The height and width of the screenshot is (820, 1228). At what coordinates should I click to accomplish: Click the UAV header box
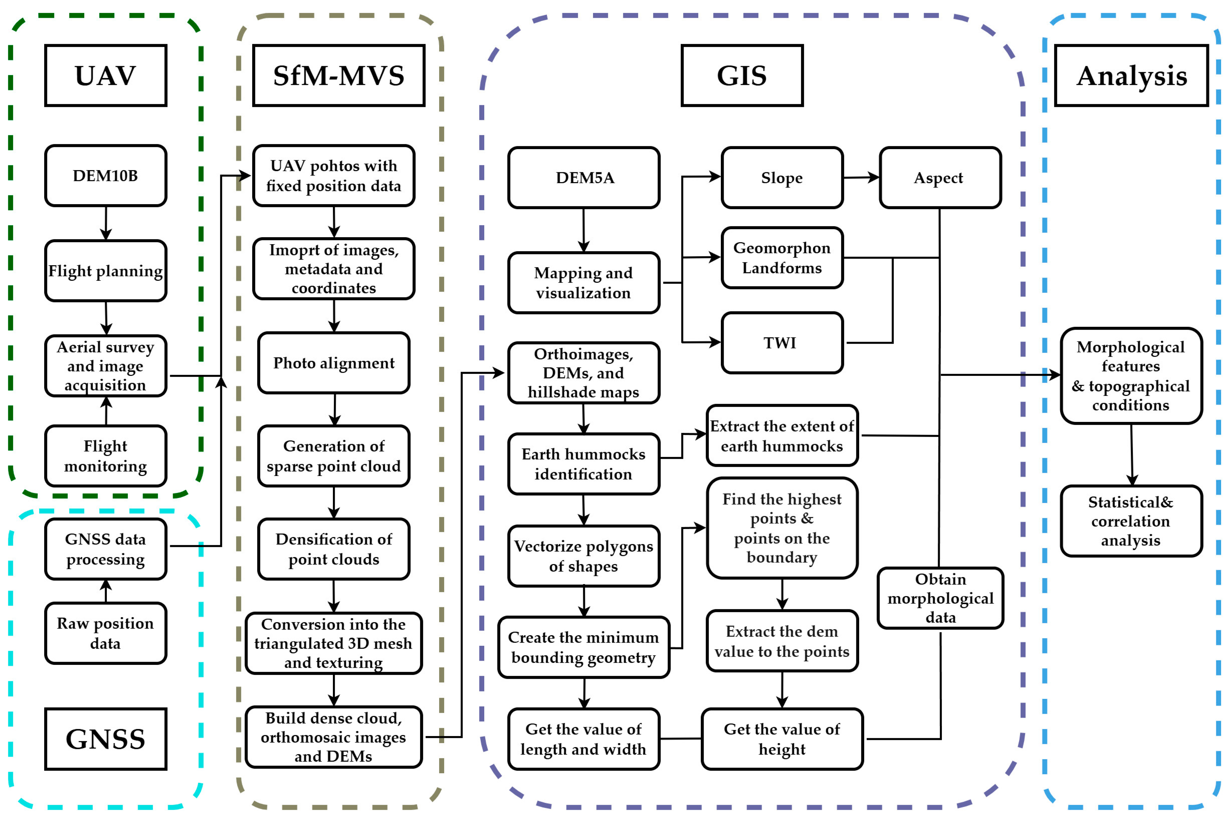[x=106, y=75]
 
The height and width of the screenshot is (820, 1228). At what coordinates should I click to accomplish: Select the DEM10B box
[x=106, y=176]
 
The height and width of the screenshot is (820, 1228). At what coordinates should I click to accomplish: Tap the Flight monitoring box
[x=106, y=456]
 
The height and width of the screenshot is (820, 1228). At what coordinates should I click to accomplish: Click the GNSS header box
[x=106, y=739]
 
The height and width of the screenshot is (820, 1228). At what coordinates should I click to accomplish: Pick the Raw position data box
[x=106, y=633]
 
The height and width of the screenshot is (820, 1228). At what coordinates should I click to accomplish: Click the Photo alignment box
[x=334, y=363]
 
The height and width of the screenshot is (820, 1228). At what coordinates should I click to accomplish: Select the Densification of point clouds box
[x=334, y=549]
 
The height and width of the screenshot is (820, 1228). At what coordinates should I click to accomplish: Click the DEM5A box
[x=584, y=178]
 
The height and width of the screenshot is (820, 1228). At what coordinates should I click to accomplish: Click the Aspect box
[x=940, y=178]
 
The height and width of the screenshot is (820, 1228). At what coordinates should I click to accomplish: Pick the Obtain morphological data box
[x=940, y=598]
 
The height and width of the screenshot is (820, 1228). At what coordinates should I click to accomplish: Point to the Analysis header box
[x=1131, y=75]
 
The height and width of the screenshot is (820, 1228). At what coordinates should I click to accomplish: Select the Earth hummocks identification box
[x=584, y=464]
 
